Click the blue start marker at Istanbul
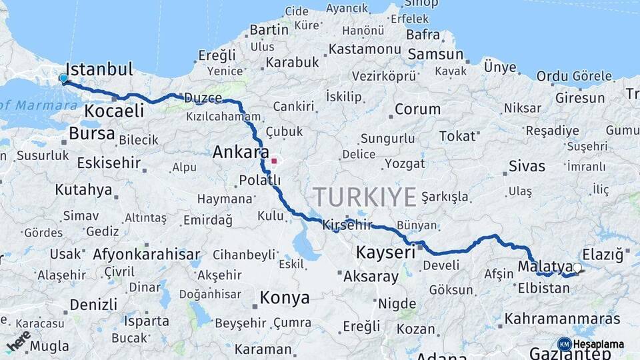coord(63,79)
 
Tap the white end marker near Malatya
coord(577,268)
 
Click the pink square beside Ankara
coord(273,161)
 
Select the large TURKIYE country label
coord(365,197)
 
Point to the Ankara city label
coord(240,153)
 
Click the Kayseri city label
coord(385,252)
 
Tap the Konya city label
coord(285,297)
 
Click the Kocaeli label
coord(114,111)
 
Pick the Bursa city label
coord(92,133)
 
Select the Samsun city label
coord(435,54)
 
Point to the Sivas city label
coord(526,165)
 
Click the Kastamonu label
coord(365,49)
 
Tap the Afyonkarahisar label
coord(147,254)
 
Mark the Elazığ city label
coord(602,254)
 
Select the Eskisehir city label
coord(109,163)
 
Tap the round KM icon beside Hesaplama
coord(564,343)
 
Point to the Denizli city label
coord(93,304)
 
